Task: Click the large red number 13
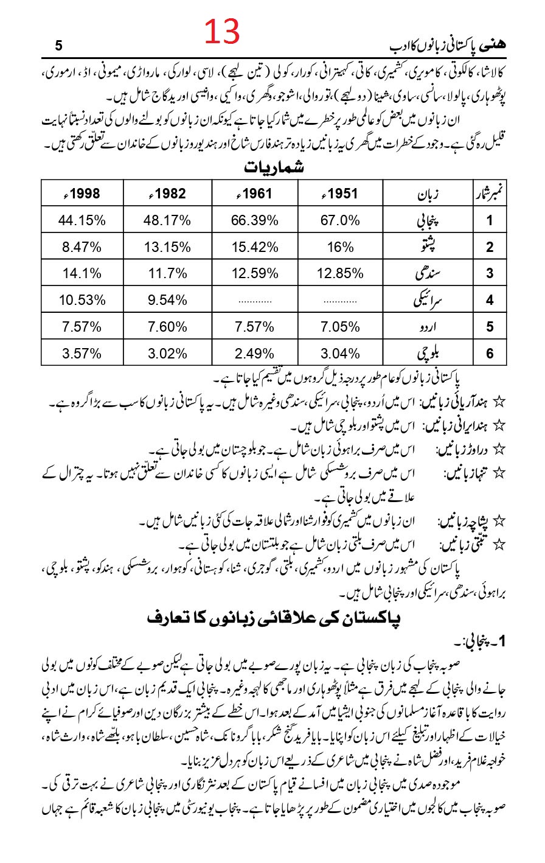coord(222,32)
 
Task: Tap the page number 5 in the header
coord(58,46)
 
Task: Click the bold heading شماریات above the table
coord(274,167)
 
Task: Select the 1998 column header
coord(82,194)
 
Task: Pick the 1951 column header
coord(340,194)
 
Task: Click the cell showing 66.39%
coord(255,220)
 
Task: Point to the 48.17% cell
coord(167,220)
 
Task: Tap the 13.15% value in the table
coord(167,247)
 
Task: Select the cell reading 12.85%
coord(340,273)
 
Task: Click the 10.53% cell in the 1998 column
coord(82,299)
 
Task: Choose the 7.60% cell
coord(167,326)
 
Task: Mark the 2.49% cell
coord(255,353)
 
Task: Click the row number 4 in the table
coord(490,300)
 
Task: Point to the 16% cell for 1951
coord(340,247)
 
